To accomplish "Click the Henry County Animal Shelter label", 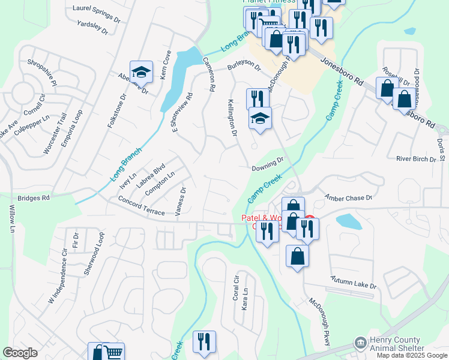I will (x=397, y=344).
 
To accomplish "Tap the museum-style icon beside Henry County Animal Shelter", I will (x=360, y=343).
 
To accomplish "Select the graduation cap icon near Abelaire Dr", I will (x=141, y=73).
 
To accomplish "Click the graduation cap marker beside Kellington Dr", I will (x=260, y=118).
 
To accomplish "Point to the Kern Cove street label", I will (x=166, y=62).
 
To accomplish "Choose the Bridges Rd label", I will (x=34, y=197).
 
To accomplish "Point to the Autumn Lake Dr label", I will (x=355, y=283).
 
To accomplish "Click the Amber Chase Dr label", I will (x=349, y=197).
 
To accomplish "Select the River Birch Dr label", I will (x=416, y=159).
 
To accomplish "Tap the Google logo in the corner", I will (x=20, y=353).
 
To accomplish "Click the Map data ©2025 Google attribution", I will (x=412, y=355).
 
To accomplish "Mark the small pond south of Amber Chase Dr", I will (x=348, y=221).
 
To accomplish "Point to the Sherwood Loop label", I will (x=94, y=259).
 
